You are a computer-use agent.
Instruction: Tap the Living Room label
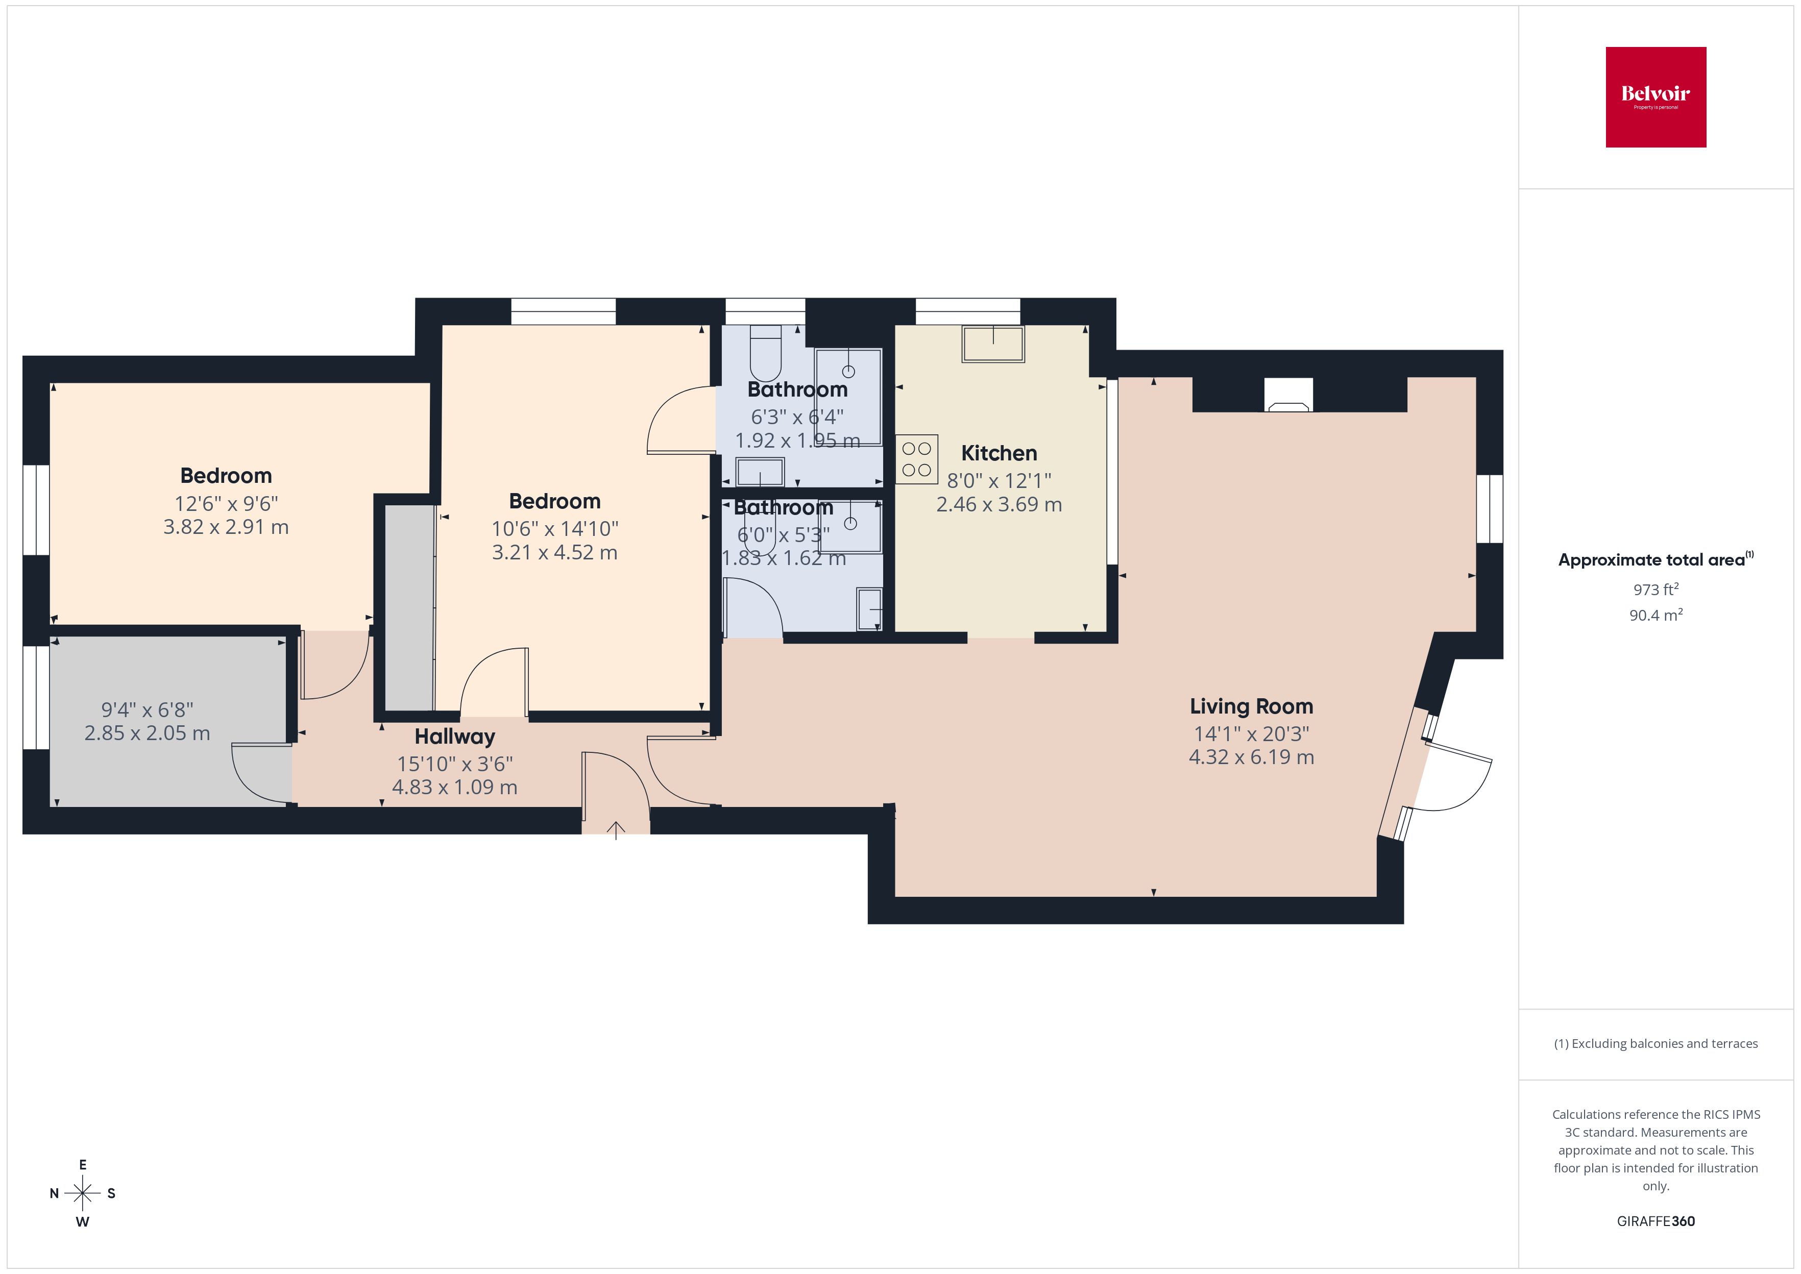click(1251, 706)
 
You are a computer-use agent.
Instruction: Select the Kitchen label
click(999, 453)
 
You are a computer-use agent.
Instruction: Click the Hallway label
click(454, 737)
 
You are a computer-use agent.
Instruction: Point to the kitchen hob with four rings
click(916, 459)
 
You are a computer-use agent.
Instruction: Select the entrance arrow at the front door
click(616, 829)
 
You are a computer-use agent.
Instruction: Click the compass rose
click(82, 1193)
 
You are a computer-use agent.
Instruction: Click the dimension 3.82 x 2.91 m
click(226, 527)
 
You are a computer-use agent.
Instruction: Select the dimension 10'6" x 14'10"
click(554, 529)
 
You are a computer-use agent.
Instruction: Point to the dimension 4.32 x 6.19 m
click(1251, 757)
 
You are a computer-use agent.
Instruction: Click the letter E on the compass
click(82, 1165)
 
